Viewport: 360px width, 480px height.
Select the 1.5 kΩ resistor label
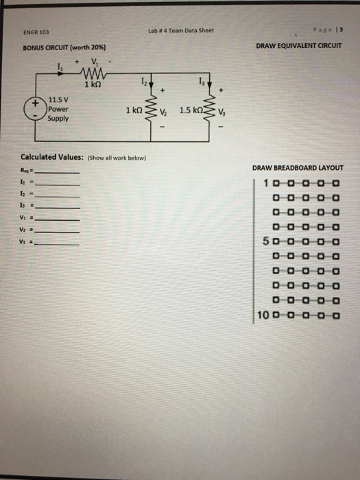click(190, 110)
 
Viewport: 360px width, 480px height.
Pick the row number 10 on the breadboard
click(264, 316)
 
